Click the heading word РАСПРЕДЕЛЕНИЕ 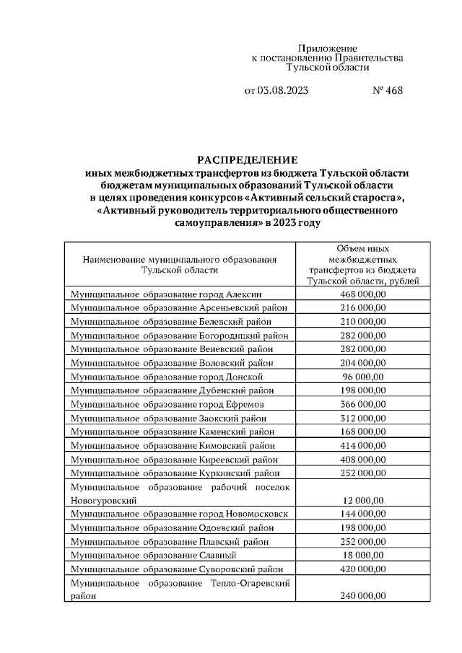(248, 159)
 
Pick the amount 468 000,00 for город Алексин (363, 294)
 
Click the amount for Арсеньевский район (363, 308)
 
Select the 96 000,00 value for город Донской (363, 377)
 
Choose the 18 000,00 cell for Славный (363, 555)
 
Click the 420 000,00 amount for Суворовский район (363, 569)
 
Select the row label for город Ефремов (166, 404)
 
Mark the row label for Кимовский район (172, 445)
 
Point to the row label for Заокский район (168, 418)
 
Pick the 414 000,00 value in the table (363, 445)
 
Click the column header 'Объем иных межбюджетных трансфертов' (363, 264)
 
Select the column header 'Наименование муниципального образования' (180, 264)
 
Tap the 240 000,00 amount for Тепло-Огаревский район (363, 596)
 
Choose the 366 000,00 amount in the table (363, 404)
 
